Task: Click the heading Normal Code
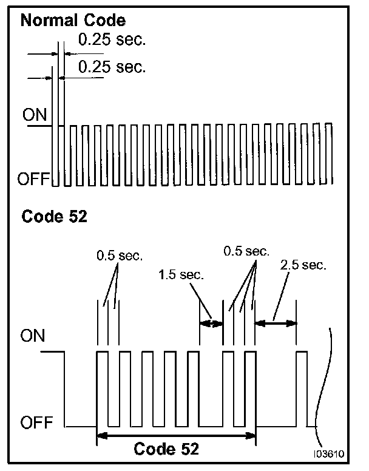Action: pyautogui.click(x=73, y=21)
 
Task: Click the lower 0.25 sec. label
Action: pyautogui.click(x=112, y=66)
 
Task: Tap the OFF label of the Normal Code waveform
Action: pyautogui.click(x=34, y=179)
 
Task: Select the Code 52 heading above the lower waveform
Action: pyautogui.click(x=55, y=217)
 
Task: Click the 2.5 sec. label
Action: pyautogui.click(x=303, y=265)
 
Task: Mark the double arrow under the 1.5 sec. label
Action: pyautogui.click(x=212, y=324)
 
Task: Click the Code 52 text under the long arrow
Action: pyautogui.click(x=166, y=450)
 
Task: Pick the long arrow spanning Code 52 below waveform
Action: pyautogui.click(x=177, y=434)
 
